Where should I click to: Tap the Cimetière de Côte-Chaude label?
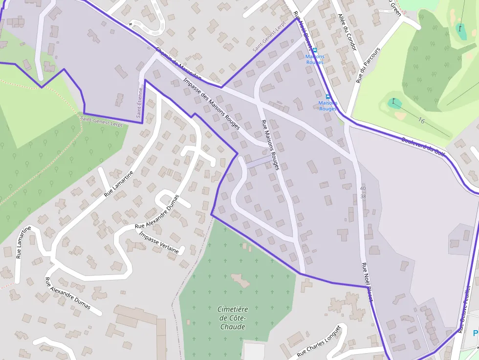tap(233, 318)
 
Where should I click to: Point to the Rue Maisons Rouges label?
tap(270, 145)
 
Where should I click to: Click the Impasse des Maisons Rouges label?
tap(211, 103)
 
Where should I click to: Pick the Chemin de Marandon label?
tap(178, 64)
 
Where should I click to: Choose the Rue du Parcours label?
tap(368, 65)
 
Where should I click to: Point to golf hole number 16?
tap(421, 120)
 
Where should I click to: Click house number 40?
tap(362, 188)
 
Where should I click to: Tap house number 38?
tap(362, 196)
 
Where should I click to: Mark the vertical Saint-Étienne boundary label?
tap(140, 103)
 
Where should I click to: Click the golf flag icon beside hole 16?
tap(393, 102)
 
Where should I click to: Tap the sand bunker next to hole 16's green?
tap(400, 115)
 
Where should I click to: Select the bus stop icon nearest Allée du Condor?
tap(315, 50)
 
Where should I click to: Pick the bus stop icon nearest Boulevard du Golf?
tap(327, 96)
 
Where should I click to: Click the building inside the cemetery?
tap(240, 280)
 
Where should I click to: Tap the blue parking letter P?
tap(476, 333)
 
